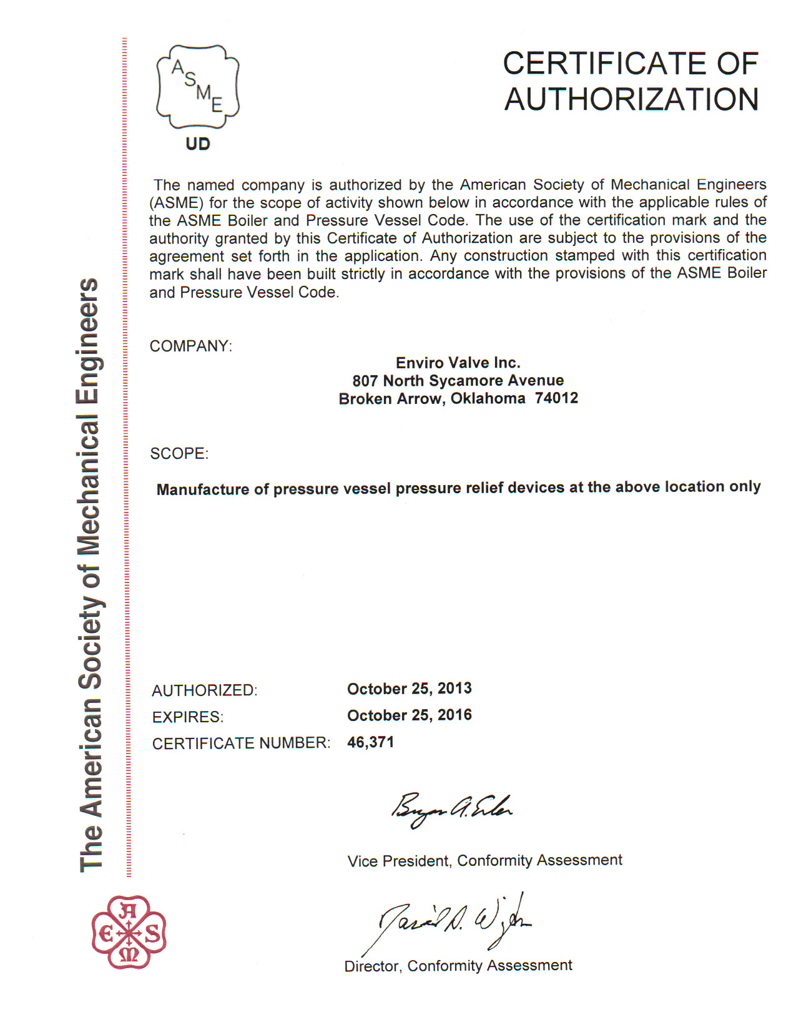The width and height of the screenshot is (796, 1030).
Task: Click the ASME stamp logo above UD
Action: [197, 87]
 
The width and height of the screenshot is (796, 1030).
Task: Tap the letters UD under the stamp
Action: [198, 144]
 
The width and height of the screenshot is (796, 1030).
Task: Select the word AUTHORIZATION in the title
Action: [631, 100]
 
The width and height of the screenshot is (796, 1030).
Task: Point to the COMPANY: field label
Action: [190, 346]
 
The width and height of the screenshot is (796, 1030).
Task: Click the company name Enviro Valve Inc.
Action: [458, 363]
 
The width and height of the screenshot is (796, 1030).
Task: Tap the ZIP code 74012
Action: [556, 398]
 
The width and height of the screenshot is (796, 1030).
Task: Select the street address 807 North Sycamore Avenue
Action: [458, 381]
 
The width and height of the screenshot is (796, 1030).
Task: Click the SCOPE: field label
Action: [179, 453]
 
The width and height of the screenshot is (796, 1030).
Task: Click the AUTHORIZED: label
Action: [204, 690]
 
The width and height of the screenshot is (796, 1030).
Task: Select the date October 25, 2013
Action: [409, 689]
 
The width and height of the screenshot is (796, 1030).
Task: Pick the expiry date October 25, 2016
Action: [409, 715]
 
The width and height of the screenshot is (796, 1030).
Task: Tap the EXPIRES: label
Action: [187, 717]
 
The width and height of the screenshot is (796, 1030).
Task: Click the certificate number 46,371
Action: [370, 742]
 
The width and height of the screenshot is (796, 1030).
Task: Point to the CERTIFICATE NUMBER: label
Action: [240, 743]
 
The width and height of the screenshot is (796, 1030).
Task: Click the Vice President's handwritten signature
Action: [451, 810]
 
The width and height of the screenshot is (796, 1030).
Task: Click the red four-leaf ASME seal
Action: [129, 932]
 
